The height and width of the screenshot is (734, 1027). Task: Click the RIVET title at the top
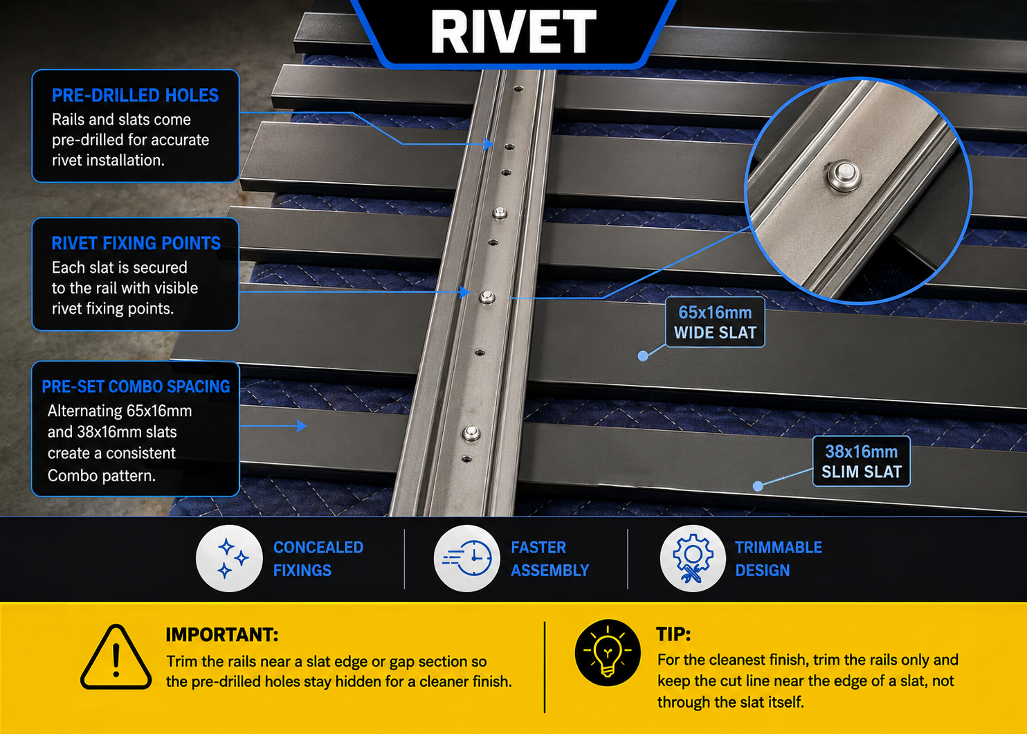click(x=513, y=32)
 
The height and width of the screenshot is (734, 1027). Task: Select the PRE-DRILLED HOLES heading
click(x=135, y=96)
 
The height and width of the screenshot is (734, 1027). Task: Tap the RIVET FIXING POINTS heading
click(x=136, y=243)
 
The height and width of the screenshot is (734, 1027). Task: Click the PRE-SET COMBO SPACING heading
click(x=136, y=386)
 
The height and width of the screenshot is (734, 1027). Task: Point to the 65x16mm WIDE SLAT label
click(x=715, y=322)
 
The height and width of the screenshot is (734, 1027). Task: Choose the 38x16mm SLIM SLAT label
click(x=862, y=461)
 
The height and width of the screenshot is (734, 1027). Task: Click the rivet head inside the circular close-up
click(x=844, y=175)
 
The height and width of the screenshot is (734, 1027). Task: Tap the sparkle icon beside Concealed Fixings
click(x=229, y=558)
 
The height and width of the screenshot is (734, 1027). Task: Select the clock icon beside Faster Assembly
click(x=466, y=558)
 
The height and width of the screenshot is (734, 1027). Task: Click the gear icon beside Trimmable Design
click(x=693, y=558)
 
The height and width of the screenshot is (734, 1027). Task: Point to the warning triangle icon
click(x=116, y=657)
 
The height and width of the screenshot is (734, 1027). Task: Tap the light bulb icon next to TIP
click(x=608, y=652)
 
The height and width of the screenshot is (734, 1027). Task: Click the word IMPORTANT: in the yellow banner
click(x=222, y=635)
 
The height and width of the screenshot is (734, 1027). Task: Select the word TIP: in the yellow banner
click(x=673, y=634)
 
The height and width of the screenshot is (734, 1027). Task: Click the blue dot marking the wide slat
click(x=643, y=355)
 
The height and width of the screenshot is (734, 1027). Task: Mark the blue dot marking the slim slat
click(x=758, y=486)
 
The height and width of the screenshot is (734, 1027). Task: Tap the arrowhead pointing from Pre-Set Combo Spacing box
click(x=302, y=426)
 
